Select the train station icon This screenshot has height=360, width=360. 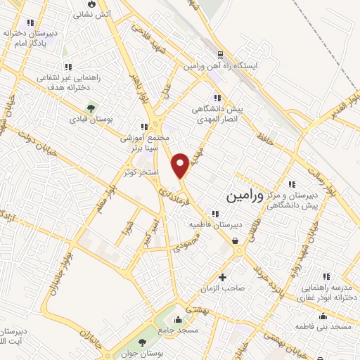219,54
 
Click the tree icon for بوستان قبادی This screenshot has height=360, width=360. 91,108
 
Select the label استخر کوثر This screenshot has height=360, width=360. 137,172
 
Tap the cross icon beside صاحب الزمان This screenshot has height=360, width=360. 223,276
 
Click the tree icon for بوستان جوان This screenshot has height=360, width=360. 143,342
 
